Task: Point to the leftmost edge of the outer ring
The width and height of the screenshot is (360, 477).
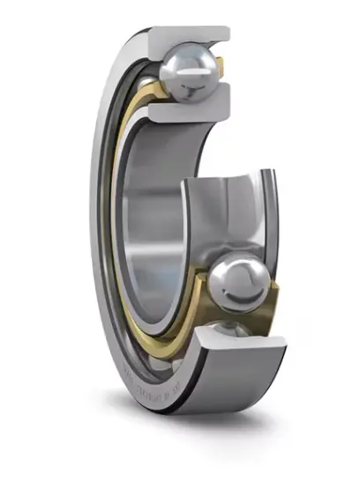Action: point(91,220)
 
